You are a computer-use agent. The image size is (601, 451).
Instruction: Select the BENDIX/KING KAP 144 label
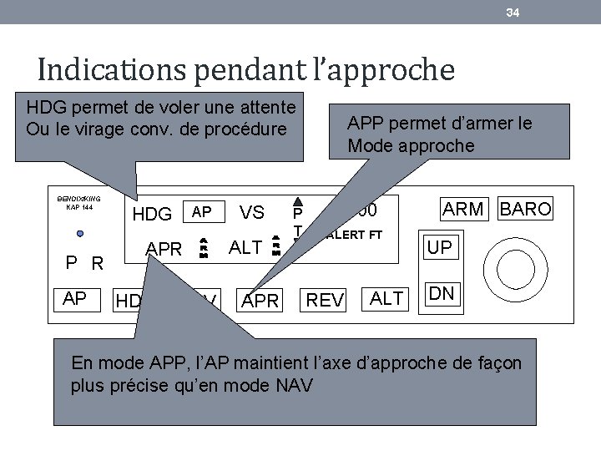[78, 202]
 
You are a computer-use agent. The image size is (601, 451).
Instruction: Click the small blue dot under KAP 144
[79, 233]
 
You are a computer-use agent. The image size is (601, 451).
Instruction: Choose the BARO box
[525, 209]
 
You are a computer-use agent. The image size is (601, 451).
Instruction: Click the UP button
[440, 248]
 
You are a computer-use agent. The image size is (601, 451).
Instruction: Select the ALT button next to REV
[386, 298]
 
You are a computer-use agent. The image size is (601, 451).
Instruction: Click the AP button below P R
[75, 298]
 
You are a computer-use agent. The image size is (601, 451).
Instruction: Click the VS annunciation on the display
[252, 213]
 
